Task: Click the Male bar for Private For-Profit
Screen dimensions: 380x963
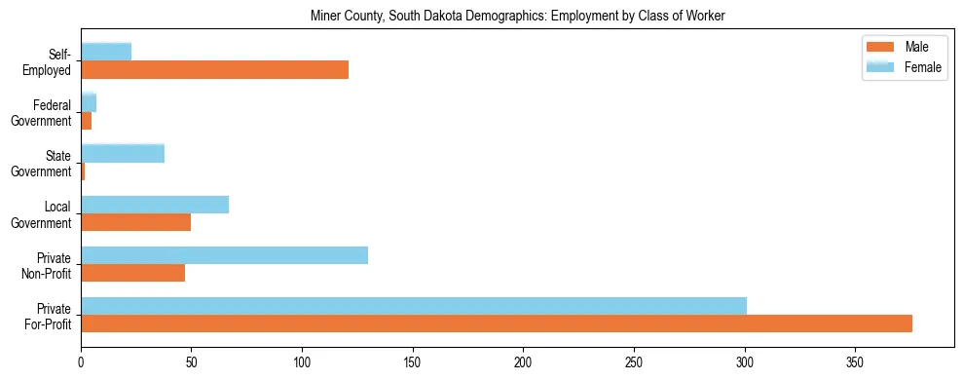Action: pos(497,323)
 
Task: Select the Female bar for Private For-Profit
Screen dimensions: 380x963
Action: pos(414,306)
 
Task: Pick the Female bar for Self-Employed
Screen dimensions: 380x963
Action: pos(106,53)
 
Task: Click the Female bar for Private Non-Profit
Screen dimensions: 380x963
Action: pos(224,255)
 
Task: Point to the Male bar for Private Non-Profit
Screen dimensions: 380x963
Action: pos(132,273)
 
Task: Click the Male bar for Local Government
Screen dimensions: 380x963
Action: pos(135,222)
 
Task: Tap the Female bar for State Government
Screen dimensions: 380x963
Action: pos(123,154)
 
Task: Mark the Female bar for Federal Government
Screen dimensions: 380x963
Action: pos(89,103)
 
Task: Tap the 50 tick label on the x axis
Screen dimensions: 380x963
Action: pos(192,360)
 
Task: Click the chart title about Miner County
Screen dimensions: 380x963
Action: pos(517,16)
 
